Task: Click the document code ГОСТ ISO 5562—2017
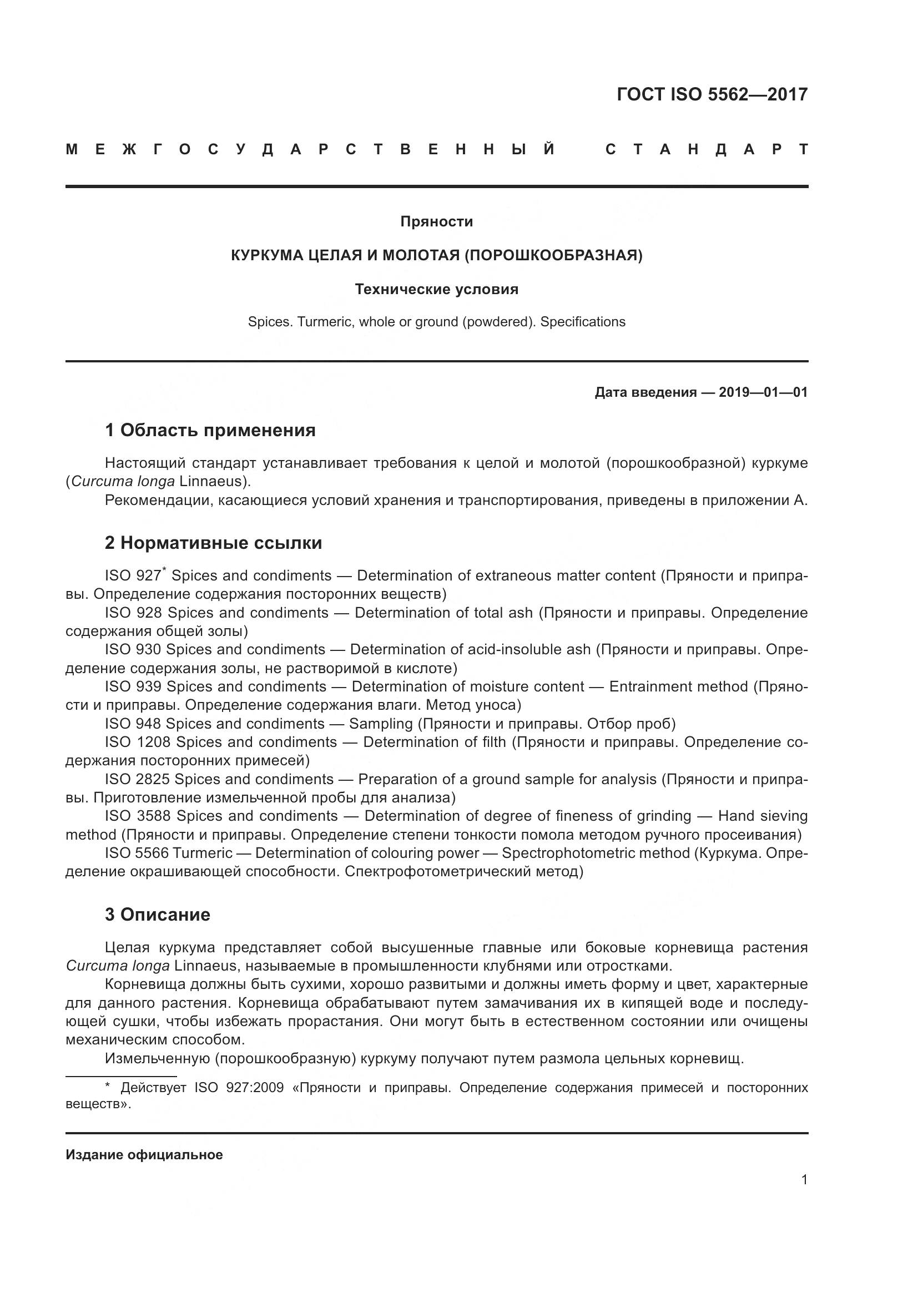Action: point(712,94)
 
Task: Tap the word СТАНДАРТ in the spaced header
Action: point(706,149)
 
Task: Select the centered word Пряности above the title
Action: point(436,221)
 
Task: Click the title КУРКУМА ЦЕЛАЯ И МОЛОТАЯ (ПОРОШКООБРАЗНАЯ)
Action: point(436,255)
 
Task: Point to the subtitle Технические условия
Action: point(436,290)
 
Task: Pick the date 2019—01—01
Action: point(763,392)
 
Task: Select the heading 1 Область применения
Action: point(210,430)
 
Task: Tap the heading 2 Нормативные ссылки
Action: point(213,543)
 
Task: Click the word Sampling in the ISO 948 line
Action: point(381,724)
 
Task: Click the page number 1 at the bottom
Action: point(804,1179)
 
